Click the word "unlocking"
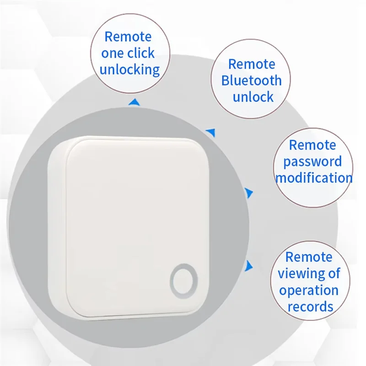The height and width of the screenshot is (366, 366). click(x=129, y=70)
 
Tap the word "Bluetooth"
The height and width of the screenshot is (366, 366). click(x=251, y=81)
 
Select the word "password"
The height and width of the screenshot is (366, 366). click(x=312, y=161)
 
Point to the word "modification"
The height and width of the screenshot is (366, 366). click(x=314, y=178)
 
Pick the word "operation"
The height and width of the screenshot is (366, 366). click(x=309, y=290)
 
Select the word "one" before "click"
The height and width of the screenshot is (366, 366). click(x=113, y=53)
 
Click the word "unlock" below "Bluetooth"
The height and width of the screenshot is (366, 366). click(x=253, y=97)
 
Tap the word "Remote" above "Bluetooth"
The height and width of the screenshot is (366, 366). click(x=252, y=64)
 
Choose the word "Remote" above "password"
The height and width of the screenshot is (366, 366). click(x=312, y=145)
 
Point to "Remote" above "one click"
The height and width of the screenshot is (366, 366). click(x=128, y=37)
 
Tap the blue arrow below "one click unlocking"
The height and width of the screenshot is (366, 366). click(x=134, y=101)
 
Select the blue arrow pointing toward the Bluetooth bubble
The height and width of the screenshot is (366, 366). click(x=211, y=133)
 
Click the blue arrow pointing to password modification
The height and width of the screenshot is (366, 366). click(x=249, y=193)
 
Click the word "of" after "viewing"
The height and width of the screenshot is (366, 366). click(x=333, y=273)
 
